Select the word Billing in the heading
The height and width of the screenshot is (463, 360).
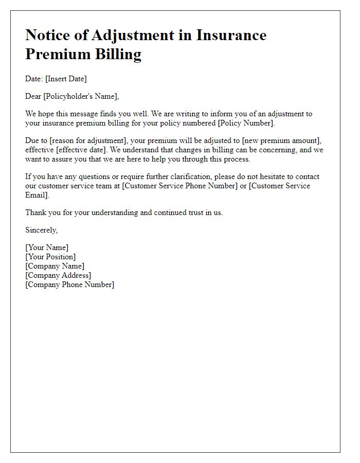[x=115, y=54]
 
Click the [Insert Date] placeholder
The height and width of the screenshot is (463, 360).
[x=66, y=79]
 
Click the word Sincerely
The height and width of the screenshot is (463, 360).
[x=42, y=230]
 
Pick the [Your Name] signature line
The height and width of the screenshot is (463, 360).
[x=47, y=247]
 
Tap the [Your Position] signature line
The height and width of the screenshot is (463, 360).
[x=50, y=257]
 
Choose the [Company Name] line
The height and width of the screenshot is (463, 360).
[x=55, y=266]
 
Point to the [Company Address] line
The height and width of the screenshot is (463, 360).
[x=58, y=275]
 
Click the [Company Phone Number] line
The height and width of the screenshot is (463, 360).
[x=70, y=284]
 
